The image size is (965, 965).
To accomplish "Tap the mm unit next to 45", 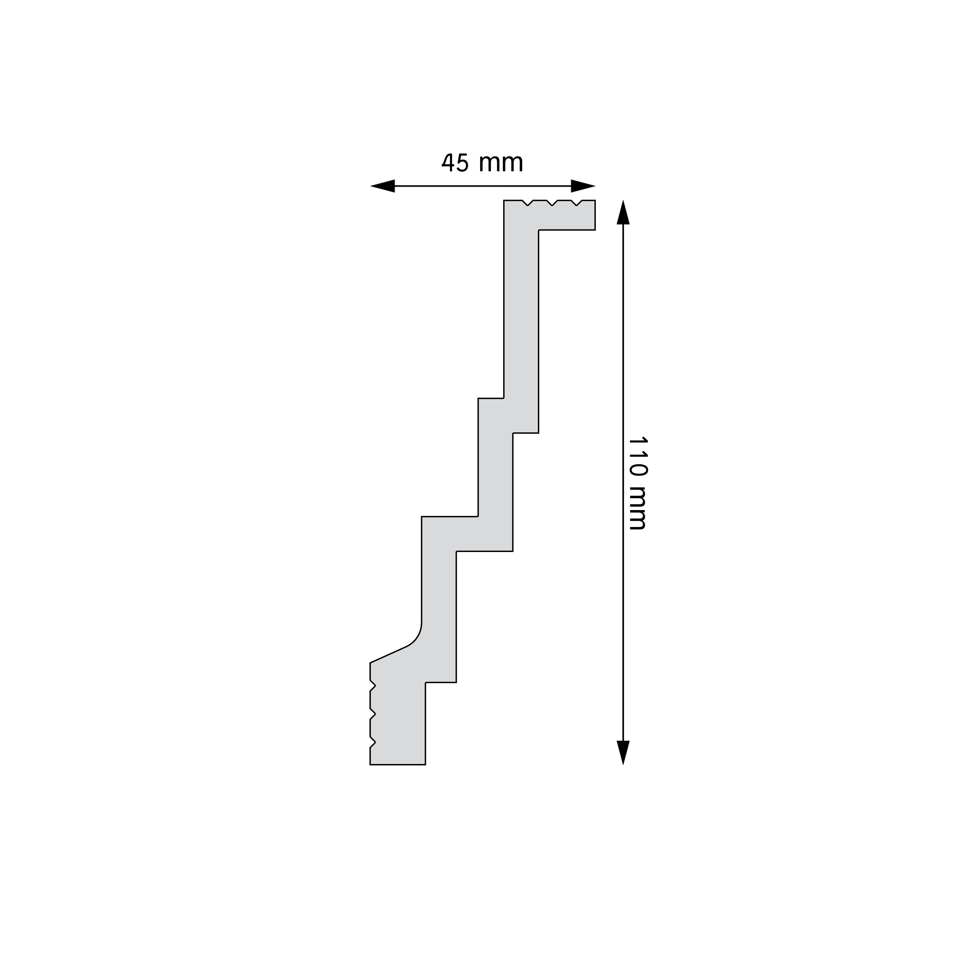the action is pyautogui.click(x=501, y=163).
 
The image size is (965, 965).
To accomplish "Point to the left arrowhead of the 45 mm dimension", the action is pyautogui.click(x=383, y=186).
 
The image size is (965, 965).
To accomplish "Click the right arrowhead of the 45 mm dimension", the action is pyautogui.click(x=583, y=186).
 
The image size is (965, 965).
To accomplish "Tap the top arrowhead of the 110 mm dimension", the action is pyautogui.click(x=623, y=212).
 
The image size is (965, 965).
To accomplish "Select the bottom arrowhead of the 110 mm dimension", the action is pyautogui.click(x=623, y=752).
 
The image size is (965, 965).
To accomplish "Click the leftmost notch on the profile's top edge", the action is pyautogui.click(x=527, y=203).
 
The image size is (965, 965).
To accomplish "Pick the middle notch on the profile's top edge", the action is pyautogui.click(x=552, y=203).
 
